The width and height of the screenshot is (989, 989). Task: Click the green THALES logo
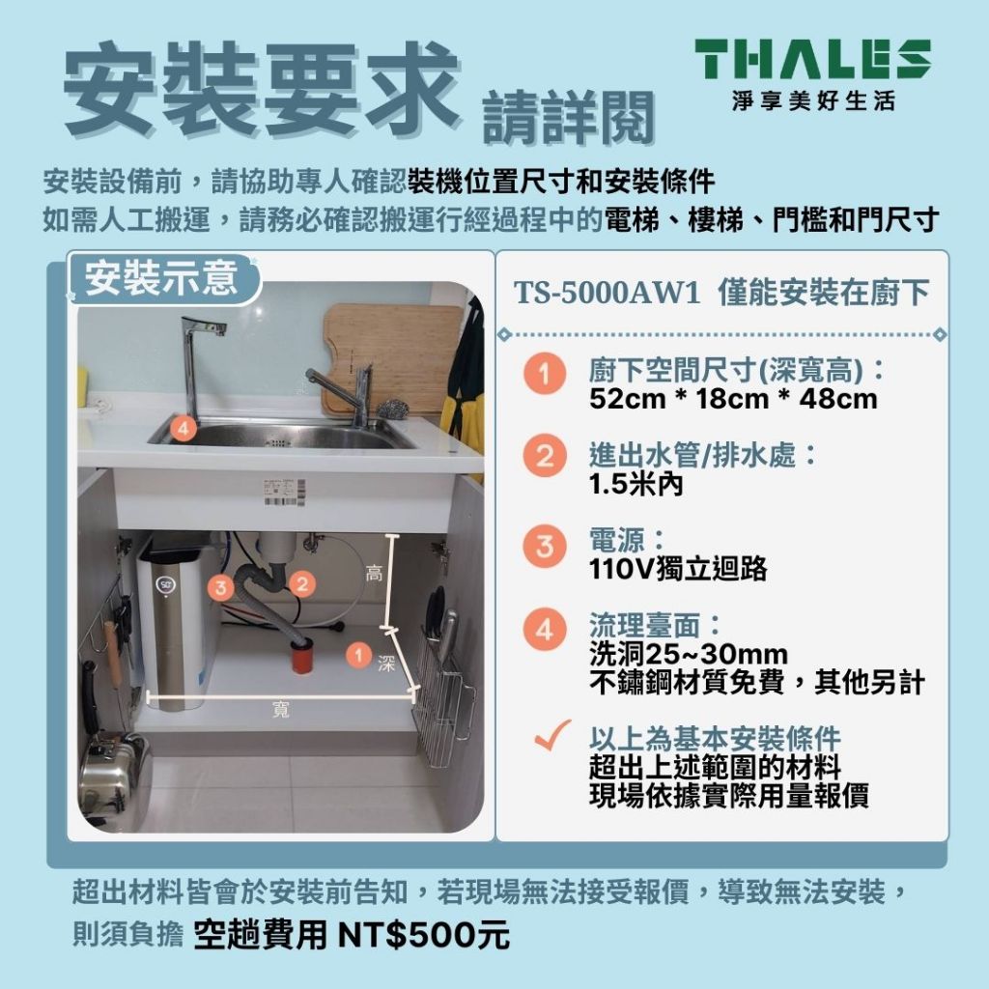coord(813,59)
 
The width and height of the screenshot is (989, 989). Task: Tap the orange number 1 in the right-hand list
coord(545,374)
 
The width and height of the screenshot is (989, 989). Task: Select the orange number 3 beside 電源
coord(545,547)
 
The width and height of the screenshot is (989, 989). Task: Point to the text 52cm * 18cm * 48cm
coord(733,399)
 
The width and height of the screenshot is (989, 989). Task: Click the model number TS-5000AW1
coord(607,293)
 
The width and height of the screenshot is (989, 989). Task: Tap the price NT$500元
coord(423,935)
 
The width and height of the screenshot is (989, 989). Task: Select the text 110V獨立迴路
coord(678,569)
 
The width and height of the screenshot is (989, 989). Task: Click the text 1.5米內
coord(636,485)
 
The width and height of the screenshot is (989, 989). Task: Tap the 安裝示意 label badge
coord(162,278)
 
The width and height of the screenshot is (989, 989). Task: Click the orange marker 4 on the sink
coord(183,429)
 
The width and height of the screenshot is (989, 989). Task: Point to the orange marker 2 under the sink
coord(302,583)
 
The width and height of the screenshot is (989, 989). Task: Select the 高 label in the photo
coord(374,574)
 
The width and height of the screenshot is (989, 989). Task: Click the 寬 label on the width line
coord(281,710)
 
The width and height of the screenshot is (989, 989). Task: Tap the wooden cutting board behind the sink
coord(392,357)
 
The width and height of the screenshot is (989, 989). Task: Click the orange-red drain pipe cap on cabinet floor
coord(303,656)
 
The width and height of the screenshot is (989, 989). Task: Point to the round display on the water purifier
coord(165,585)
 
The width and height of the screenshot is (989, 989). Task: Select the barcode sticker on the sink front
coord(284,493)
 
